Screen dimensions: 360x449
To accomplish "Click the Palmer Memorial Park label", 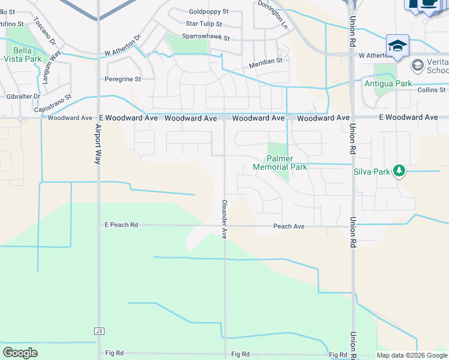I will [280, 163].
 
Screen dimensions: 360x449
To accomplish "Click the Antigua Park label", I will [388, 83].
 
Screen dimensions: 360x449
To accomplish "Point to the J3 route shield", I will [99, 331].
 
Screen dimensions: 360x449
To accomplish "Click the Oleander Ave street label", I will [224, 220].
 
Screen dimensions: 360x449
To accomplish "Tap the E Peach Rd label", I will [121, 225].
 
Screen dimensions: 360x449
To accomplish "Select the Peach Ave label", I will [289, 226].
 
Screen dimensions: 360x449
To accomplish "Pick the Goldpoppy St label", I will [209, 11].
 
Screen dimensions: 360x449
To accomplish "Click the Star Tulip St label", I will [203, 24].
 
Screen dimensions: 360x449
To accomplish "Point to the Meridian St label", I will [266, 61].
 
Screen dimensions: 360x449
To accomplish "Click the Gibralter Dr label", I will [23, 96].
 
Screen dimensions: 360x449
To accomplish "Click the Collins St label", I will [431, 89].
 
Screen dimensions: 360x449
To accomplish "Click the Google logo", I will [20, 353].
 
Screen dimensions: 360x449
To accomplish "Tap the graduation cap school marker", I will [397, 45].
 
